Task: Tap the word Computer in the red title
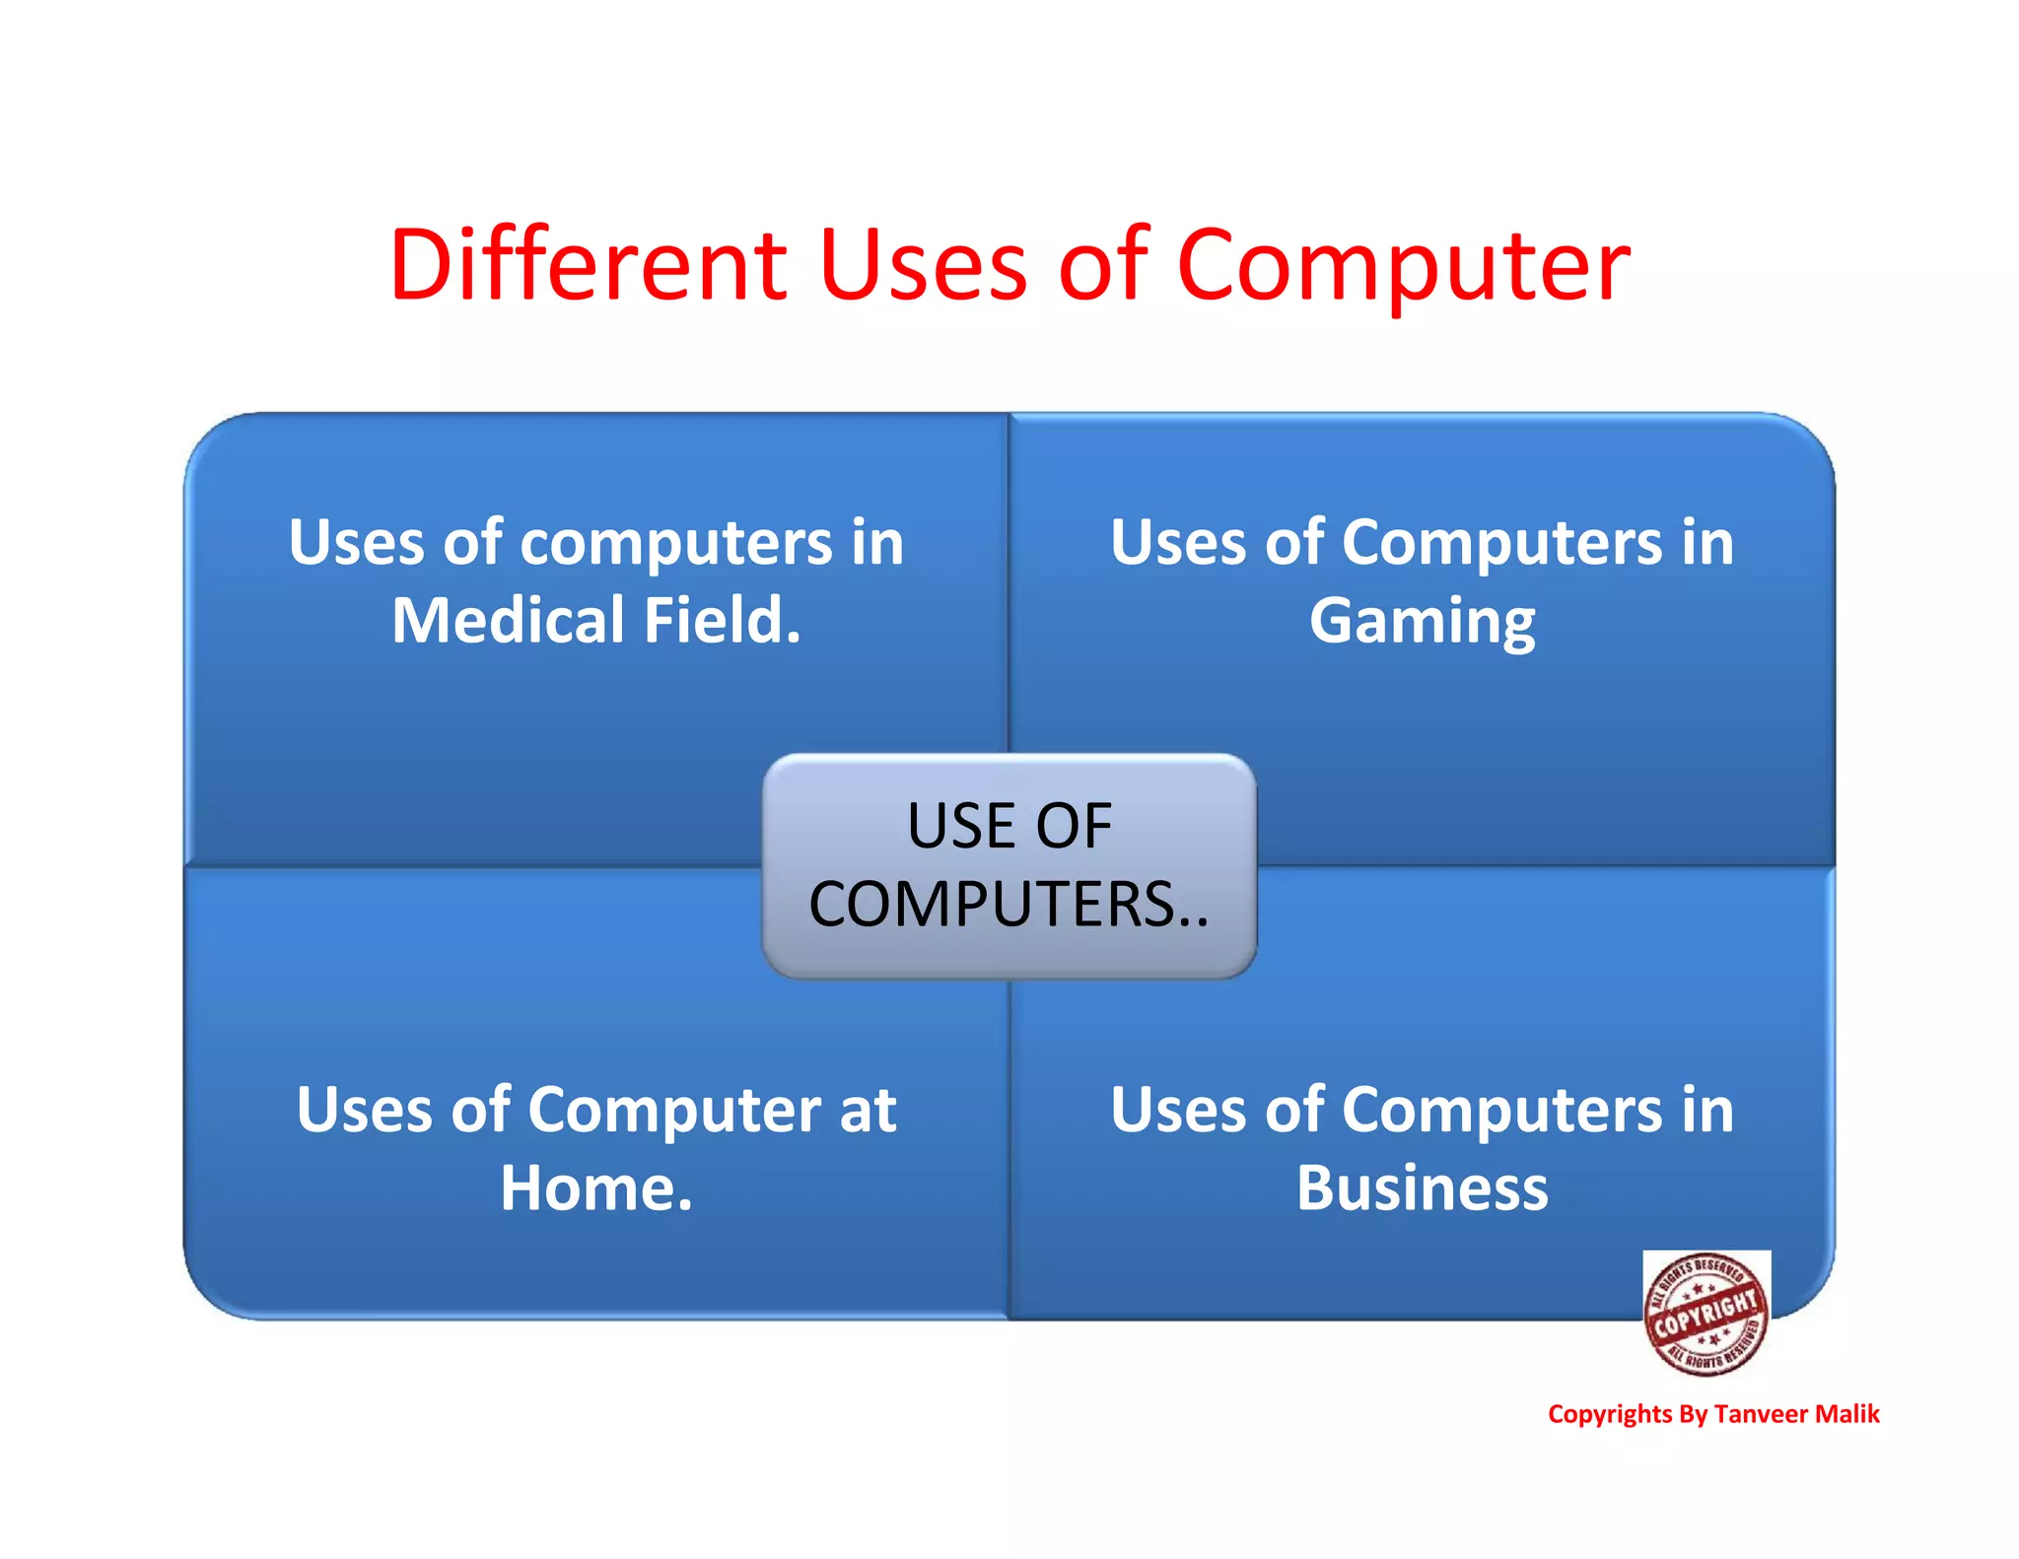[1403, 266]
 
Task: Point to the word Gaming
[1422, 623]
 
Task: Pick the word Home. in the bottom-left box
[596, 1187]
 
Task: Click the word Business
[1422, 1187]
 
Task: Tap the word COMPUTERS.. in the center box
[1009, 904]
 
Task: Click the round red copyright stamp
[1706, 1313]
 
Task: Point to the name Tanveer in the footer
[1761, 1414]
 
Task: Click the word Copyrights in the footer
[1610, 1415]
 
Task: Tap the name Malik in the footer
[1847, 1414]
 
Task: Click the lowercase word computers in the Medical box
[676, 544]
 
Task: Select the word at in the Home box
[868, 1111]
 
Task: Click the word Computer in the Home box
[674, 1111]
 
